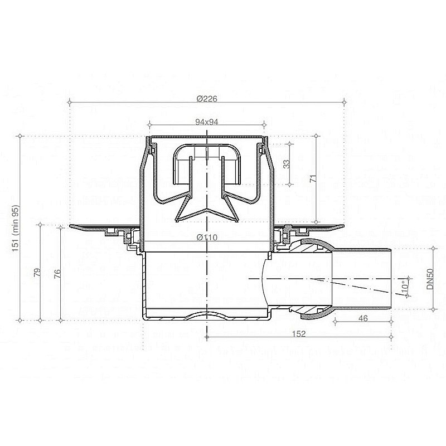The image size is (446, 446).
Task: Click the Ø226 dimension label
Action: (x=207, y=99)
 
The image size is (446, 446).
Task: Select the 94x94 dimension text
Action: (x=207, y=122)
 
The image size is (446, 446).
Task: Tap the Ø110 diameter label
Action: (x=207, y=237)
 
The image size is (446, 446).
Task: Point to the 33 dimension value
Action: (x=287, y=164)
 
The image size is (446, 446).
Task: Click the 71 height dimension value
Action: (x=313, y=178)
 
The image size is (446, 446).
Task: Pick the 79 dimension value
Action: (x=37, y=273)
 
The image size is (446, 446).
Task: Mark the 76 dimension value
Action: (x=57, y=273)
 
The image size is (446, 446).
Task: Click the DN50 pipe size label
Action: (x=430, y=279)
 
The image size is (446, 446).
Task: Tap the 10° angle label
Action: (x=405, y=286)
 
